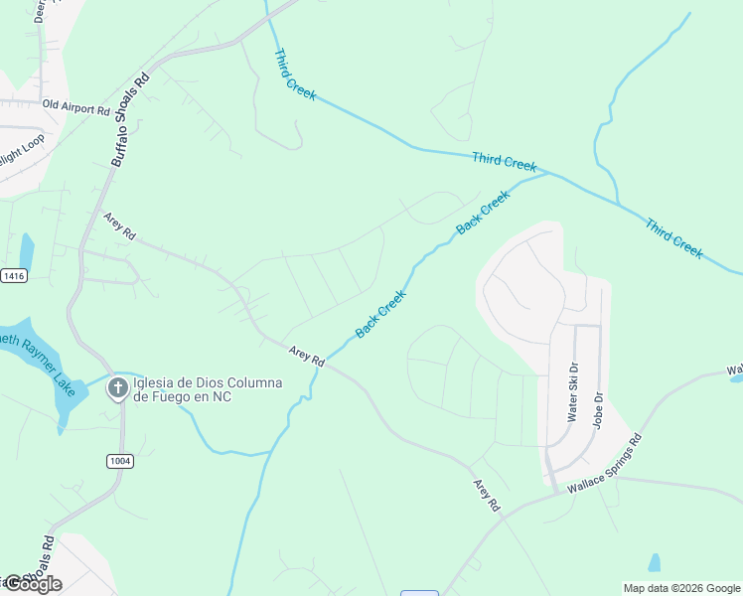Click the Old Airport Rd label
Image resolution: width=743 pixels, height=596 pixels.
point(75,107)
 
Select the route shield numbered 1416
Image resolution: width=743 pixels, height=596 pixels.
point(13,275)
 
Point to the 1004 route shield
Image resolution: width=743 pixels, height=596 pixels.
point(120,461)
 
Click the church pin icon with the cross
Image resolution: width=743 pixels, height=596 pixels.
point(117,388)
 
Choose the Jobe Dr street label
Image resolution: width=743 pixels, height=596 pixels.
point(599,409)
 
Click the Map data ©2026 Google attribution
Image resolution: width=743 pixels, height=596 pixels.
point(681,588)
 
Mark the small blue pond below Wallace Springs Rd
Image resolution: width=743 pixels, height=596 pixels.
point(654,563)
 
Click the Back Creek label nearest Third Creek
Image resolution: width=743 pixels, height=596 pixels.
point(483,213)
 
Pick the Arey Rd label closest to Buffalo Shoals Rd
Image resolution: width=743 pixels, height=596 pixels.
point(119,225)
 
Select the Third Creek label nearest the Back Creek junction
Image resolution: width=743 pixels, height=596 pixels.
point(504,161)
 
